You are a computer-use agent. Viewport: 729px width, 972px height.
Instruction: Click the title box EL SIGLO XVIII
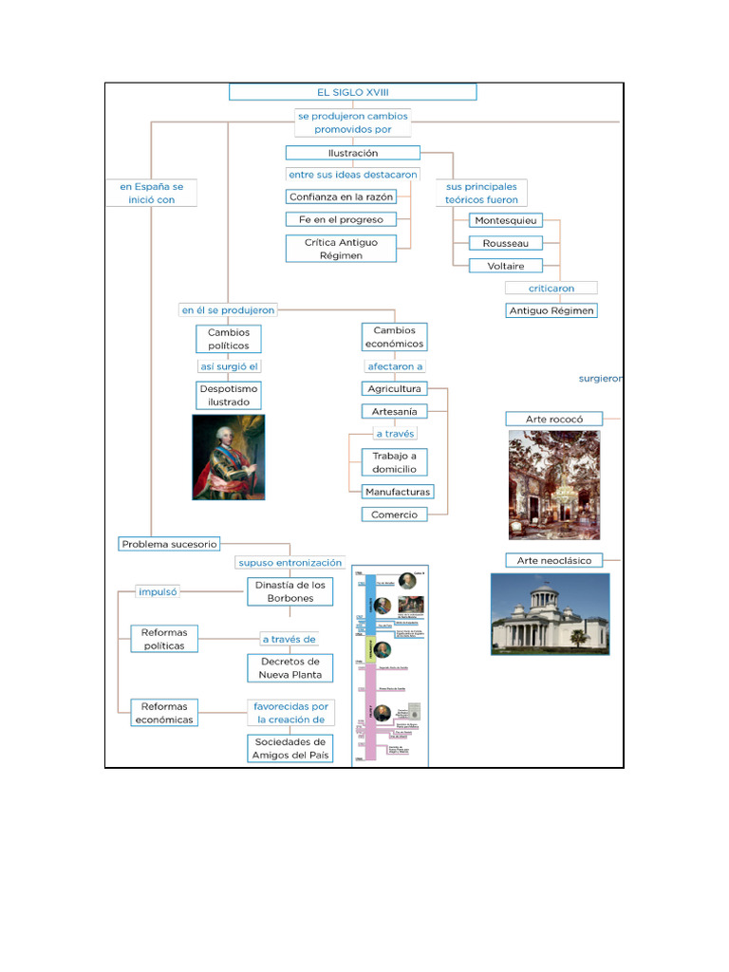click(352, 92)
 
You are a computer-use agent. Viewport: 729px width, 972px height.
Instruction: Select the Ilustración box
click(352, 153)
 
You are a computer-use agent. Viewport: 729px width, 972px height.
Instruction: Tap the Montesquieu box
click(506, 220)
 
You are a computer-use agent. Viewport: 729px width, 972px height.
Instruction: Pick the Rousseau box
click(506, 243)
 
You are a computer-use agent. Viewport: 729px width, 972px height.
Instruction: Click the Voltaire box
click(506, 266)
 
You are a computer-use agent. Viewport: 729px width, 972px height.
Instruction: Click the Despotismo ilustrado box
click(229, 395)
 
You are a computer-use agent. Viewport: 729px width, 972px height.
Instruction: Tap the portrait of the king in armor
click(229, 457)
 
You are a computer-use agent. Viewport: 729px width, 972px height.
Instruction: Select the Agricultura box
click(394, 389)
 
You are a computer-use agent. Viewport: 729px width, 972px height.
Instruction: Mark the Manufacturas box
click(398, 492)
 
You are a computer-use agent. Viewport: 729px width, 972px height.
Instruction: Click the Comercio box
click(393, 514)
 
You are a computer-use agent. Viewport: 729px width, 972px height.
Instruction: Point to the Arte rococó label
click(553, 419)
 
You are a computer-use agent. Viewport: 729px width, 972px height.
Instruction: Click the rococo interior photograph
click(554, 484)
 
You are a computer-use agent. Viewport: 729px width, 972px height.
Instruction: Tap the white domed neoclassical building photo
click(550, 613)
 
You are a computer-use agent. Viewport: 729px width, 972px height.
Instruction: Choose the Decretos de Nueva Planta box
click(290, 668)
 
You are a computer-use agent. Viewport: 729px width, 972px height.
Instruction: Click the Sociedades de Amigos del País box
click(290, 748)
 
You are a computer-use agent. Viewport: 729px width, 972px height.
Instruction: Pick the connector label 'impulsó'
click(158, 591)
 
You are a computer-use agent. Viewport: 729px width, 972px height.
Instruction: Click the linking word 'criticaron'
click(551, 288)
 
